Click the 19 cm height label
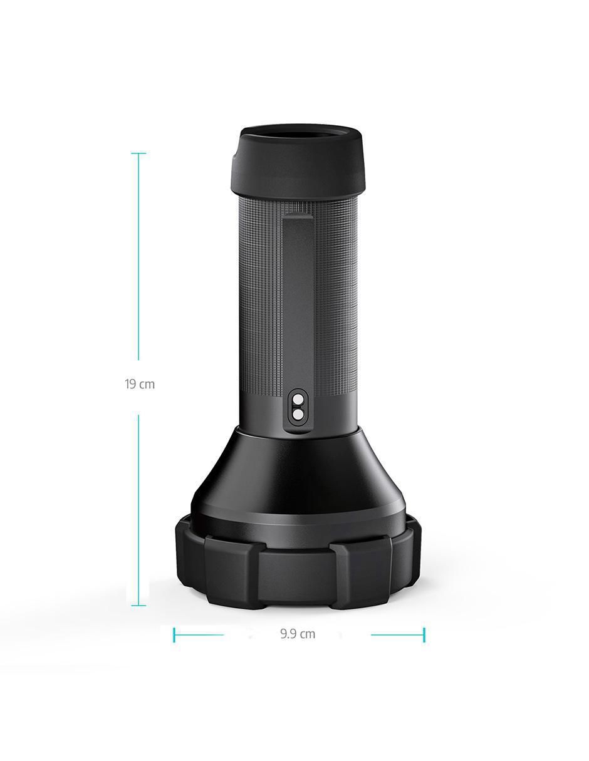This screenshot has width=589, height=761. click(139, 384)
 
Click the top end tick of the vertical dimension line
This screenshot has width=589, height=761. click(138, 153)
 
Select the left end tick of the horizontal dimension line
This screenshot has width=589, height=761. click(174, 634)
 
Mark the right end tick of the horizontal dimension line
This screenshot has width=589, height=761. click(424, 634)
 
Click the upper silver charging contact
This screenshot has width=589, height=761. click(298, 399)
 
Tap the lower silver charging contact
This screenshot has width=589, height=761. click(298, 415)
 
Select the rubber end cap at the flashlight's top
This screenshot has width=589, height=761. click(298, 161)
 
